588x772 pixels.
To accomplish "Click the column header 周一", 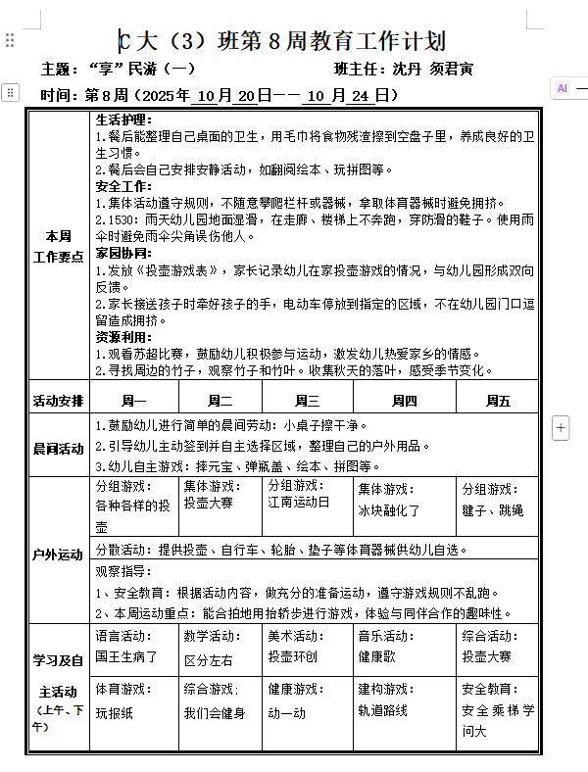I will (133, 400).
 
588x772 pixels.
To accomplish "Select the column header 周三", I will (307, 400).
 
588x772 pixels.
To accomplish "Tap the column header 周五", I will (498, 400).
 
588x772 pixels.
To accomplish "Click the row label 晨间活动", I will (59, 449).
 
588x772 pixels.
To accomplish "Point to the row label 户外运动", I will (59, 555).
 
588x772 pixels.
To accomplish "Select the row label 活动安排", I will (59, 400).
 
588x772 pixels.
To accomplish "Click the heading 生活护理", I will (123, 120).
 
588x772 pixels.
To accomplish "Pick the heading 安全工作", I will (123, 186).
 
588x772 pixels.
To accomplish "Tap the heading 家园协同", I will (123, 253).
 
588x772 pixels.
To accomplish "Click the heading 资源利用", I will (123, 336).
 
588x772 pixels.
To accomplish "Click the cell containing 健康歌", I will (376, 656).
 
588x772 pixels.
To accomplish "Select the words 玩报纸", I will (114, 712).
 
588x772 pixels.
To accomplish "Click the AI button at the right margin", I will (563, 88).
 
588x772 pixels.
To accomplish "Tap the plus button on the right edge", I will (561, 427).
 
